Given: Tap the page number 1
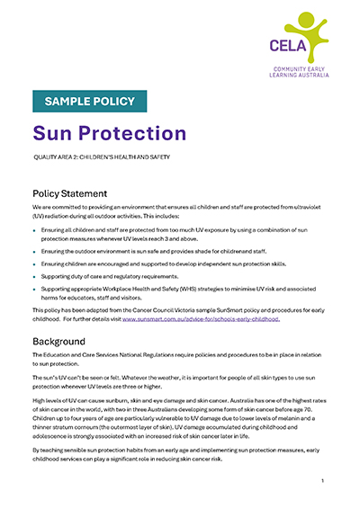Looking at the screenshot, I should click(321, 481).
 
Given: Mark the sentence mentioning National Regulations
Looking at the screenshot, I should click(180, 362).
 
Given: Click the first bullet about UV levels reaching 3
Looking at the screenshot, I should click(180, 234).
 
